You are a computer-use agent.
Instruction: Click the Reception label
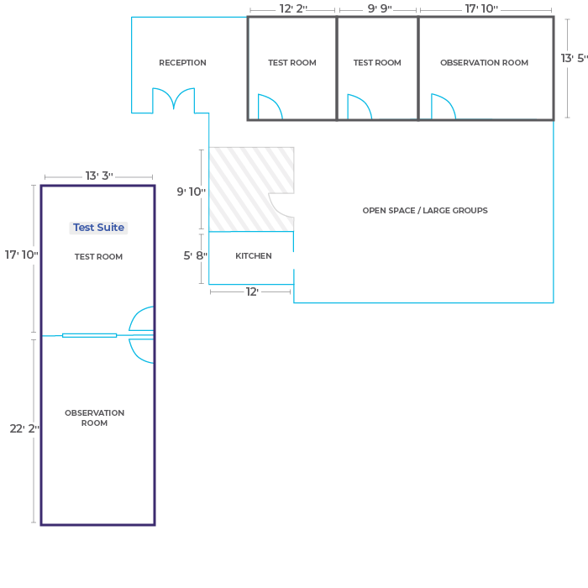pyautogui.click(x=182, y=63)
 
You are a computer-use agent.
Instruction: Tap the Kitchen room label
pyautogui.click(x=254, y=255)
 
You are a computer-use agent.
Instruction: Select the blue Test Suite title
pyautogui.click(x=98, y=228)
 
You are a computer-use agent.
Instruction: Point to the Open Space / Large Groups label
pyautogui.click(x=425, y=210)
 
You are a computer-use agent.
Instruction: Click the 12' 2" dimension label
pyautogui.click(x=293, y=8)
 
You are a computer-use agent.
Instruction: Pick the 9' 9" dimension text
pyautogui.click(x=380, y=8)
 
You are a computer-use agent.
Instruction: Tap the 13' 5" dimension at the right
pyautogui.click(x=574, y=58)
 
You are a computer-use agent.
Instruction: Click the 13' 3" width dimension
pyautogui.click(x=99, y=176)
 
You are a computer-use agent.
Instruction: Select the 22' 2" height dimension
pyautogui.click(x=24, y=428)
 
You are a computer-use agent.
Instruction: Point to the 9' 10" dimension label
pyautogui.click(x=192, y=192)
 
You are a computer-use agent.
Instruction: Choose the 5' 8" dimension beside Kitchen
pyautogui.click(x=195, y=255)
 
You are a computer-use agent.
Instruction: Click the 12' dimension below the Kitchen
pyautogui.click(x=252, y=291)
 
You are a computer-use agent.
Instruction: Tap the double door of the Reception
pyautogui.click(x=174, y=100)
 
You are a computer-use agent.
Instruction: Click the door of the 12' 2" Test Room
pyautogui.click(x=270, y=107)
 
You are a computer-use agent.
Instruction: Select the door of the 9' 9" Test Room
pyautogui.click(x=360, y=107)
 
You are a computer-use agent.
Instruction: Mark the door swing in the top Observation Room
pyautogui.click(x=444, y=106)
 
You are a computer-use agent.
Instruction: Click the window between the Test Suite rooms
pyautogui.click(x=89, y=335)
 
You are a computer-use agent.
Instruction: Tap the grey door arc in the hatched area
pyautogui.click(x=281, y=205)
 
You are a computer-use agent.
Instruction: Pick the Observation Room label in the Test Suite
pyautogui.click(x=94, y=417)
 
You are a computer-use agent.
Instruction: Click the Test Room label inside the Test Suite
pyautogui.click(x=98, y=256)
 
